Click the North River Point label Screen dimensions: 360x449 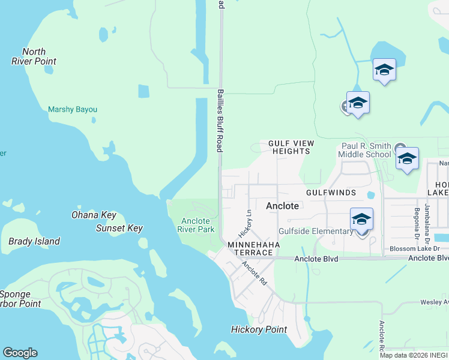click(x=34, y=56)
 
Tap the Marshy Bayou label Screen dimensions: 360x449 click(x=73, y=110)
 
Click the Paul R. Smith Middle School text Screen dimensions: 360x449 click(x=366, y=150)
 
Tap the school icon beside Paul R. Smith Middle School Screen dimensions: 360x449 click(x=407, y=159)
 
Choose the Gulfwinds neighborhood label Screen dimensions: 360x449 click(x=331, y=193)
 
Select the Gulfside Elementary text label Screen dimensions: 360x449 click(x=316, y=232)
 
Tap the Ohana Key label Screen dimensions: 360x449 click(x=94, y=215)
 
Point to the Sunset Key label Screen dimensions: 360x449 click(x=119, y=228)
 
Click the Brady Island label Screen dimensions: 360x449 click(x=34, y=242)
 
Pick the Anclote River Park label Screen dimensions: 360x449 click(x=197, y=225)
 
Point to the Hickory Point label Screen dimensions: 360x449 click(x=259, y=329)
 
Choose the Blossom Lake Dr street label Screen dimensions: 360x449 click(x=415, y=248)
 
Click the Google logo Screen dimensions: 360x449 click(x=20, y=353)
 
